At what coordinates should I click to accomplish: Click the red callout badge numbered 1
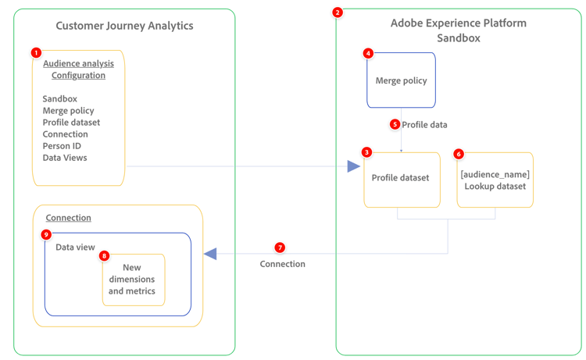36,52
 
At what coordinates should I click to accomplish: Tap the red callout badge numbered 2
338,12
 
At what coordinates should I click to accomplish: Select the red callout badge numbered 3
366,152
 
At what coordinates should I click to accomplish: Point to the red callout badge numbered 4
369,54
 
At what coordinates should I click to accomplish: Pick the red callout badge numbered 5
395,124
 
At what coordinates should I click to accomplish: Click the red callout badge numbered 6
459,155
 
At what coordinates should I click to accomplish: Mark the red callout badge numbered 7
280,248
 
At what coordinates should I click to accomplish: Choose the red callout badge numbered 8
105,255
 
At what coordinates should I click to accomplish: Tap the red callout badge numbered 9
46,234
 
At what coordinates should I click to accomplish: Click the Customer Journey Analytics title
124,26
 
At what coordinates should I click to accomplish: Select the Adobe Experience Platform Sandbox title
458,30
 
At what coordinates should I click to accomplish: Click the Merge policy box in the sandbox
401,80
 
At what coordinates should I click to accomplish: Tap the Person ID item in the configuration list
62,146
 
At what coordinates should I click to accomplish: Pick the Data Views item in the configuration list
65,158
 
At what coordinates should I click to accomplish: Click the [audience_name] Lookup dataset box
495,180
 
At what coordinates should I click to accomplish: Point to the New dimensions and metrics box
132,280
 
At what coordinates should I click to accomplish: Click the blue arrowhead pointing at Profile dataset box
354,166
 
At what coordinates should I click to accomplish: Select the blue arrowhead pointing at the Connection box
210,254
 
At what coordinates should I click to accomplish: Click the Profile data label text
424,124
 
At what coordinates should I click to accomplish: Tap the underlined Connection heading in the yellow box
68,218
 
